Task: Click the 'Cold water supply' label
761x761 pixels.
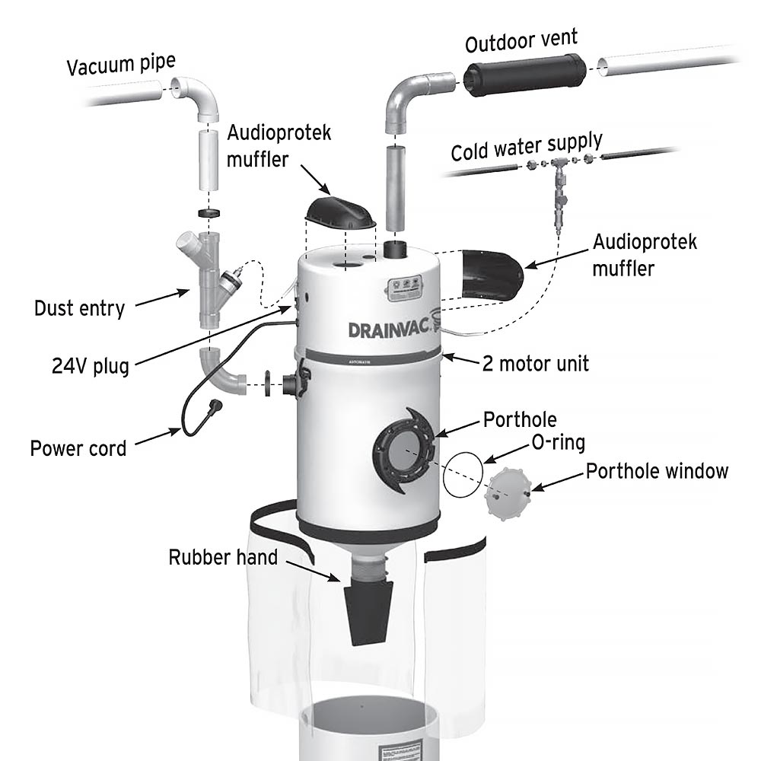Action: click(527, 146)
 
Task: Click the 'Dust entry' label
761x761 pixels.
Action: click(79, 308)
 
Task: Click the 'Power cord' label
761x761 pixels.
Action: click(78, 447)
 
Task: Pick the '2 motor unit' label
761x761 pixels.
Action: click(536, 363)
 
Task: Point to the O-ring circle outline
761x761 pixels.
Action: click(463, 476)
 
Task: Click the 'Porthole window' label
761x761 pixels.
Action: click(656, 471)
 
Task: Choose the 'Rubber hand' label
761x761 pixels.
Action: click(223, 558)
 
